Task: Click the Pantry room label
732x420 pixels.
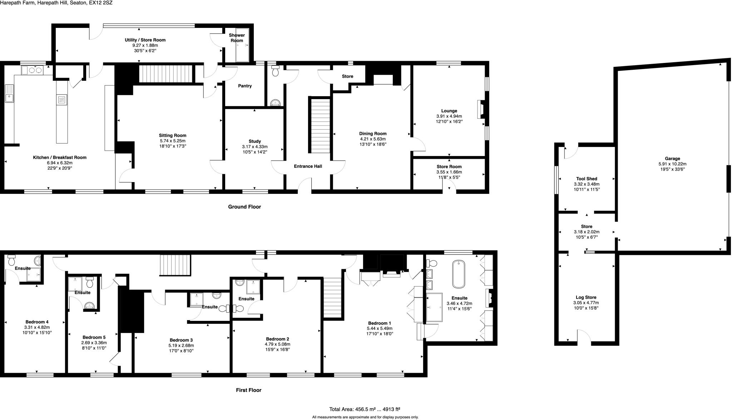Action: coord(245,86)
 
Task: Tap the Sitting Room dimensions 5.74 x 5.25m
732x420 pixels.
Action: coord(173,141)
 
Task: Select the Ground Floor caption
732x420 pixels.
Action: coord(244,207)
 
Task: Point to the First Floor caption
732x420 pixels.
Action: coord(248,390)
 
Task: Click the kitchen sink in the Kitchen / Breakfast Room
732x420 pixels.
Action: coord(9,94)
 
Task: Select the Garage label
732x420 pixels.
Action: coord(672,158)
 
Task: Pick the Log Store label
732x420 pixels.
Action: coord(586,297)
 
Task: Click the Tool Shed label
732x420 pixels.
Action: coord(587,179)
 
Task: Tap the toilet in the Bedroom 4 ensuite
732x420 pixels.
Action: coord(11,259)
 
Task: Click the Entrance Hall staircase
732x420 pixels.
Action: coord(320,125)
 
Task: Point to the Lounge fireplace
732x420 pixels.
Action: coord(481,109)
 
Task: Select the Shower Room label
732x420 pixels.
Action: coord(237,38)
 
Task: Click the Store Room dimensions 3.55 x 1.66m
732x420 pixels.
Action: coord(449,172)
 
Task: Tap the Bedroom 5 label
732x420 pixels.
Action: coord(94,337)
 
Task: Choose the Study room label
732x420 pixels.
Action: coord(254,141)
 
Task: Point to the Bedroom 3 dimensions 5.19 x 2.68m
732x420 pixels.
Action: coord(181,346)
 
